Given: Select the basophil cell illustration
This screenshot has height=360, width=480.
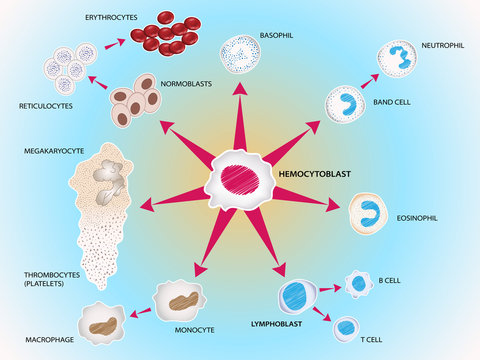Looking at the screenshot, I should (x=240, y=56).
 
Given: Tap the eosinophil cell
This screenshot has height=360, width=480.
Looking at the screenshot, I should (x=368, y=212).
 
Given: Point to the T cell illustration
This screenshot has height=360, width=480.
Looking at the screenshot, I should (x=346, y=327).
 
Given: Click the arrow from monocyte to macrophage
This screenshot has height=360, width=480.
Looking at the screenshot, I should (x=141, y=311).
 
